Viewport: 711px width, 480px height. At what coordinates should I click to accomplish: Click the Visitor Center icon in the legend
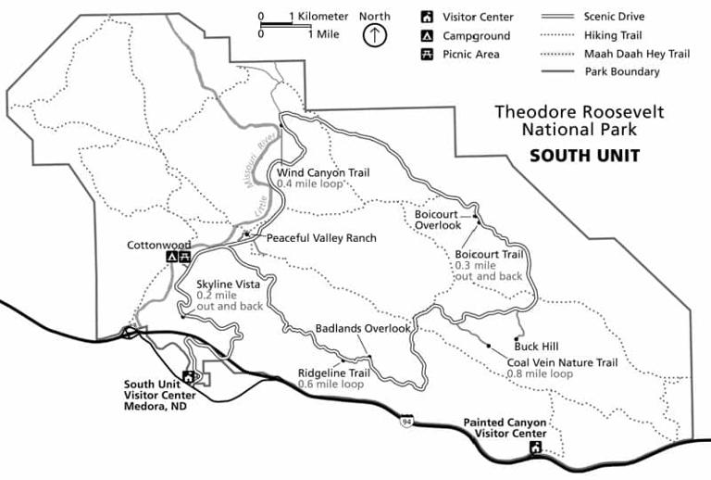pos(427,17)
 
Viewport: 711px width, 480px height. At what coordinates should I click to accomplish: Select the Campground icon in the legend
pos(427,35)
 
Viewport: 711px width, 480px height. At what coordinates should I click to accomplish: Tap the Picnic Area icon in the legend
pos(427,54)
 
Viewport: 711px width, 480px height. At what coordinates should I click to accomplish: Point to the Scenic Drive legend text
pos(615,17)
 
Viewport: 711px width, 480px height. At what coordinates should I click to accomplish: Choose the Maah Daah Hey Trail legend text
pos(637,54)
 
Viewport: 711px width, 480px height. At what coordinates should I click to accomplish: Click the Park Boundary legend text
pos(621,71)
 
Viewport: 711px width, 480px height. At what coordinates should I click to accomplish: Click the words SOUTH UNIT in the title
pos(584,156)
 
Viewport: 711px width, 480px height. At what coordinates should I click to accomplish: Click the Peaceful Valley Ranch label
pos(321,238)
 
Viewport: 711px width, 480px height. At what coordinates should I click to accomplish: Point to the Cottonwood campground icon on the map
pos(171,257)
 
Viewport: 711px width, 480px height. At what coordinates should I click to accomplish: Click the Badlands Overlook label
pos(362,328)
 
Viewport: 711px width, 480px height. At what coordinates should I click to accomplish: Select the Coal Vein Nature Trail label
pos(561,362)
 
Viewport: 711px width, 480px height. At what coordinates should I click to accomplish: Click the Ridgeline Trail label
pos(333,373)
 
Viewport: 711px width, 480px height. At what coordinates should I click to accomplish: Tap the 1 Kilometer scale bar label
pos(318,17)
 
